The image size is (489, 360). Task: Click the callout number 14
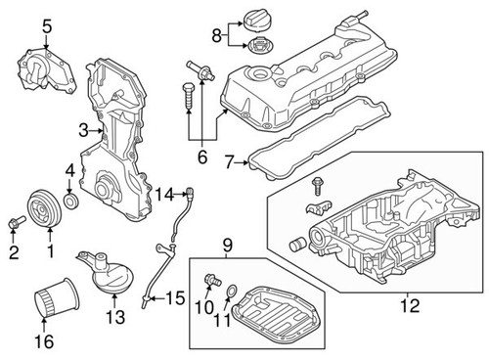[x=163, y=192]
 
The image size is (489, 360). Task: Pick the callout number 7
[x=230, y=160]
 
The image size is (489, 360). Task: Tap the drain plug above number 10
[x=208, y=282]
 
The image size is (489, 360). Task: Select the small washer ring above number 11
[x=230, y=291]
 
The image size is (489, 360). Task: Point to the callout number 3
[x=84, y=129]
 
